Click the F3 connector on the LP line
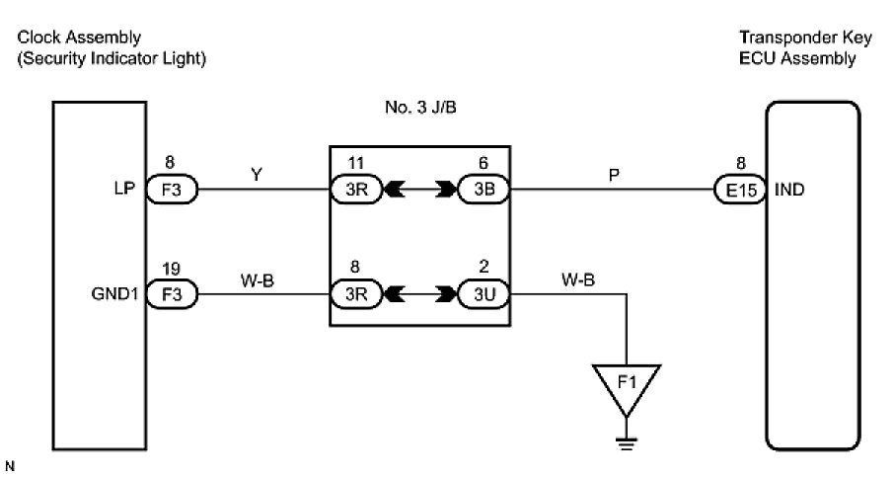172,190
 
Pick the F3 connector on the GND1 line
172,293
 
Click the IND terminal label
790,190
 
